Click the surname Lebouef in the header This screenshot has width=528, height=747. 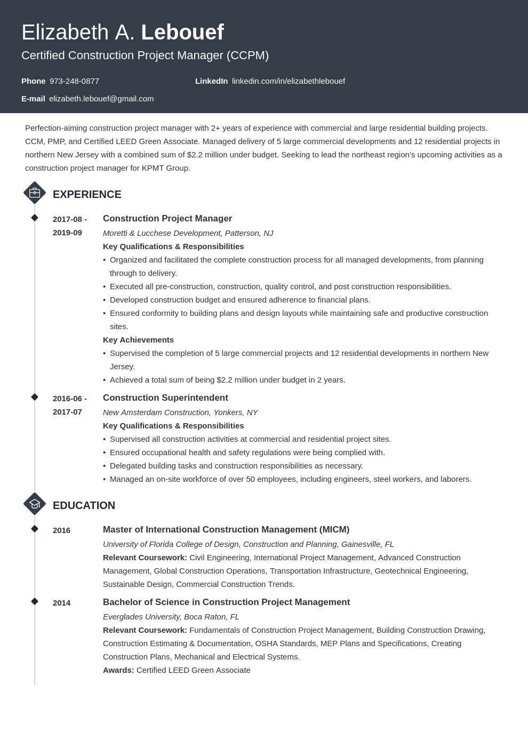(x=182, y=33)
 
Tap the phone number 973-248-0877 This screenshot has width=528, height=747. (x=74, y=81)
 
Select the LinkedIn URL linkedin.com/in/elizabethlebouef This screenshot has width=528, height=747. (x=288, y=81)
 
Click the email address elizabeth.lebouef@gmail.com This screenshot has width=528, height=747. (x=101, y=99)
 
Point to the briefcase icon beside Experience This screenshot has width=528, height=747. (x=35, y=193)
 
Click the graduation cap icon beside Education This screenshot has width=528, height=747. (x=35, y=504)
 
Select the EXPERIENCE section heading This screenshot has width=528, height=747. (x=87, y=194)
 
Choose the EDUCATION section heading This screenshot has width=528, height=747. (x=84, y=505)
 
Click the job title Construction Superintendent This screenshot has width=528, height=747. (x=165, y=398)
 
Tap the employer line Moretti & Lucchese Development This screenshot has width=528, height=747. (x=188, y=233)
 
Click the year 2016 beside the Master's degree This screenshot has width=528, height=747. (x=61, y=530)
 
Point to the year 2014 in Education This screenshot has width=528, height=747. (x=61, y=603)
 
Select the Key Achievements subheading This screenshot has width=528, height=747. (x=138, y=340)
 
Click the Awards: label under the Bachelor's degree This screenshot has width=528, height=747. (x=118, y=670)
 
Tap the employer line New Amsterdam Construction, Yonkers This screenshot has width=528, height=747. (x=180, y=412)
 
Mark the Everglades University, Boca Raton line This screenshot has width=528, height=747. (x=171, y=617)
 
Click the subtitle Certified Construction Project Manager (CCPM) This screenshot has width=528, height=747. (x=145, y=55)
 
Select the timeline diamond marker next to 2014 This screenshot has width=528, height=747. (x=35, y=601)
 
